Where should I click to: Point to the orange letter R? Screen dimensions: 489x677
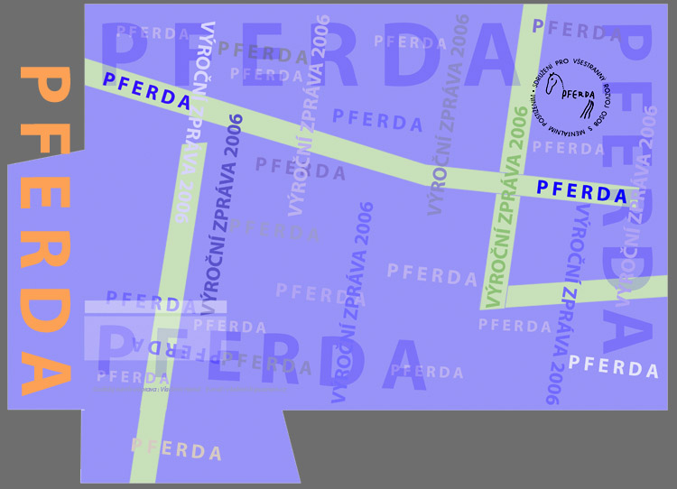44,258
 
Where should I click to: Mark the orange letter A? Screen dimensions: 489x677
44,370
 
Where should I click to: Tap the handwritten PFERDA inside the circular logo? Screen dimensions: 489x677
578,93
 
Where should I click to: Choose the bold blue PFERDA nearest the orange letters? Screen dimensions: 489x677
147,90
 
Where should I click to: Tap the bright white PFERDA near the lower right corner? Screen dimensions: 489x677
614,367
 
